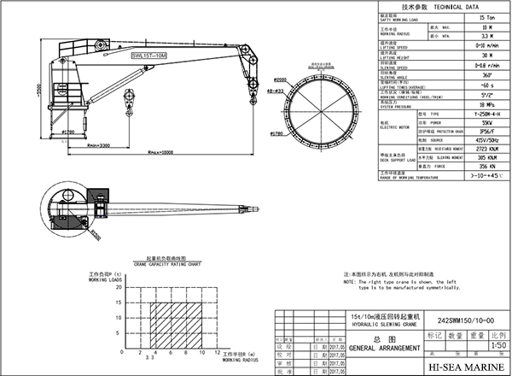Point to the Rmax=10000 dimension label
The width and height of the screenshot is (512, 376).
coord(161,153)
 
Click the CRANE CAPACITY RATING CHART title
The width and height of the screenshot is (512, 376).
coord(163,266)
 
